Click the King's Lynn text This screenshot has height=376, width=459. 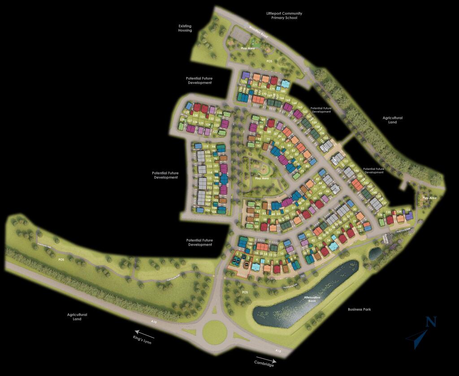point(143,341)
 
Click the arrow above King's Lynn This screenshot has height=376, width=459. point(145,333)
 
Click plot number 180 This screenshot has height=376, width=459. point(283,91)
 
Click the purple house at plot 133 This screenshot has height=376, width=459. point(408,217)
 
